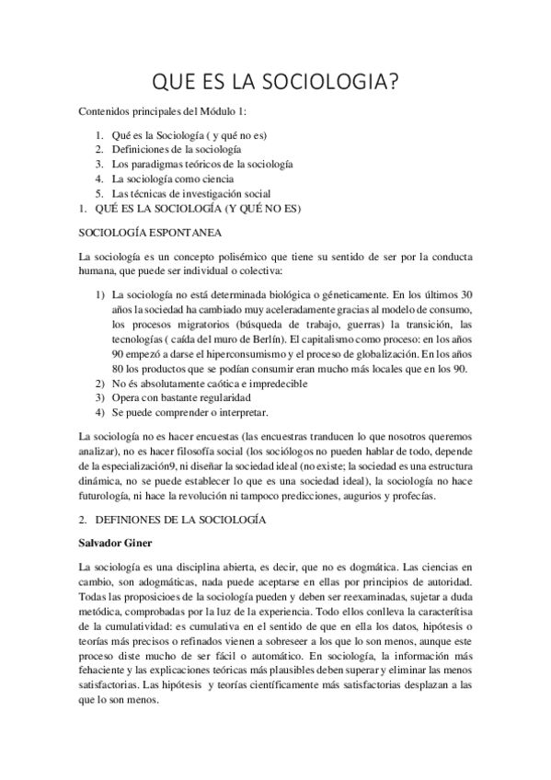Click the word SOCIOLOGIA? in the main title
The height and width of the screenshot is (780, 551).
click(327, 84)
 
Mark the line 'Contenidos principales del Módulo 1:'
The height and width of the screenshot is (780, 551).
click(156, 111)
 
